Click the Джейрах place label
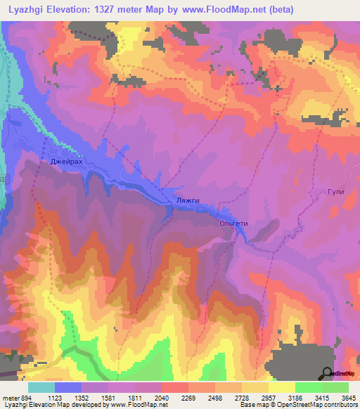click(66, 162)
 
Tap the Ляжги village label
click(188, 200)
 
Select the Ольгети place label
click(234, 223)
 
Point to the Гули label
click(335, 192)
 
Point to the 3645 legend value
click(348, 398)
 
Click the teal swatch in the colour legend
click(41, 387)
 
